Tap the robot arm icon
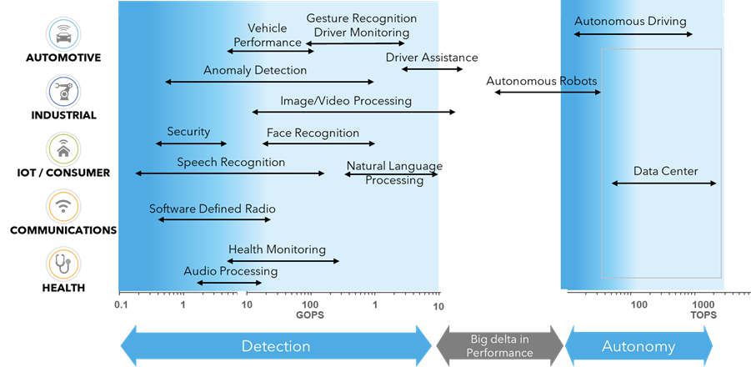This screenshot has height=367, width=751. [x=63, y=91]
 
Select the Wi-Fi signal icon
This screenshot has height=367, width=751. [x=63, y=205]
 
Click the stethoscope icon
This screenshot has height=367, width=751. [x=63, y=263]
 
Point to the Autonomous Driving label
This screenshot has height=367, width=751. [x=630, y=21]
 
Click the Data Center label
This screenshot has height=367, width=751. [x=665, y=171]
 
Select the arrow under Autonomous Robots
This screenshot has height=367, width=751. [x=548, y=92]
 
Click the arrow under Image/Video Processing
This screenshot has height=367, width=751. [x=353, y=112]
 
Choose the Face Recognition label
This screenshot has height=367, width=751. [x=313, y=133]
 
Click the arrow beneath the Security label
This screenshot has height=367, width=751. [x=191, y=143]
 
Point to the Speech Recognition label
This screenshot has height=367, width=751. [x=230, y=163]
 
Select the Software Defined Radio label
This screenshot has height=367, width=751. [x=212, y=209]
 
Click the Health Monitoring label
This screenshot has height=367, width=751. [x=277, y=249]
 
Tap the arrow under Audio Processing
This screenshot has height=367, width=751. [x=229, y=283]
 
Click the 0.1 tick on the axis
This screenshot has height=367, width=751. [x=121, y=305]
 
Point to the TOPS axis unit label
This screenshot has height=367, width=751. [x=703, y=315]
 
